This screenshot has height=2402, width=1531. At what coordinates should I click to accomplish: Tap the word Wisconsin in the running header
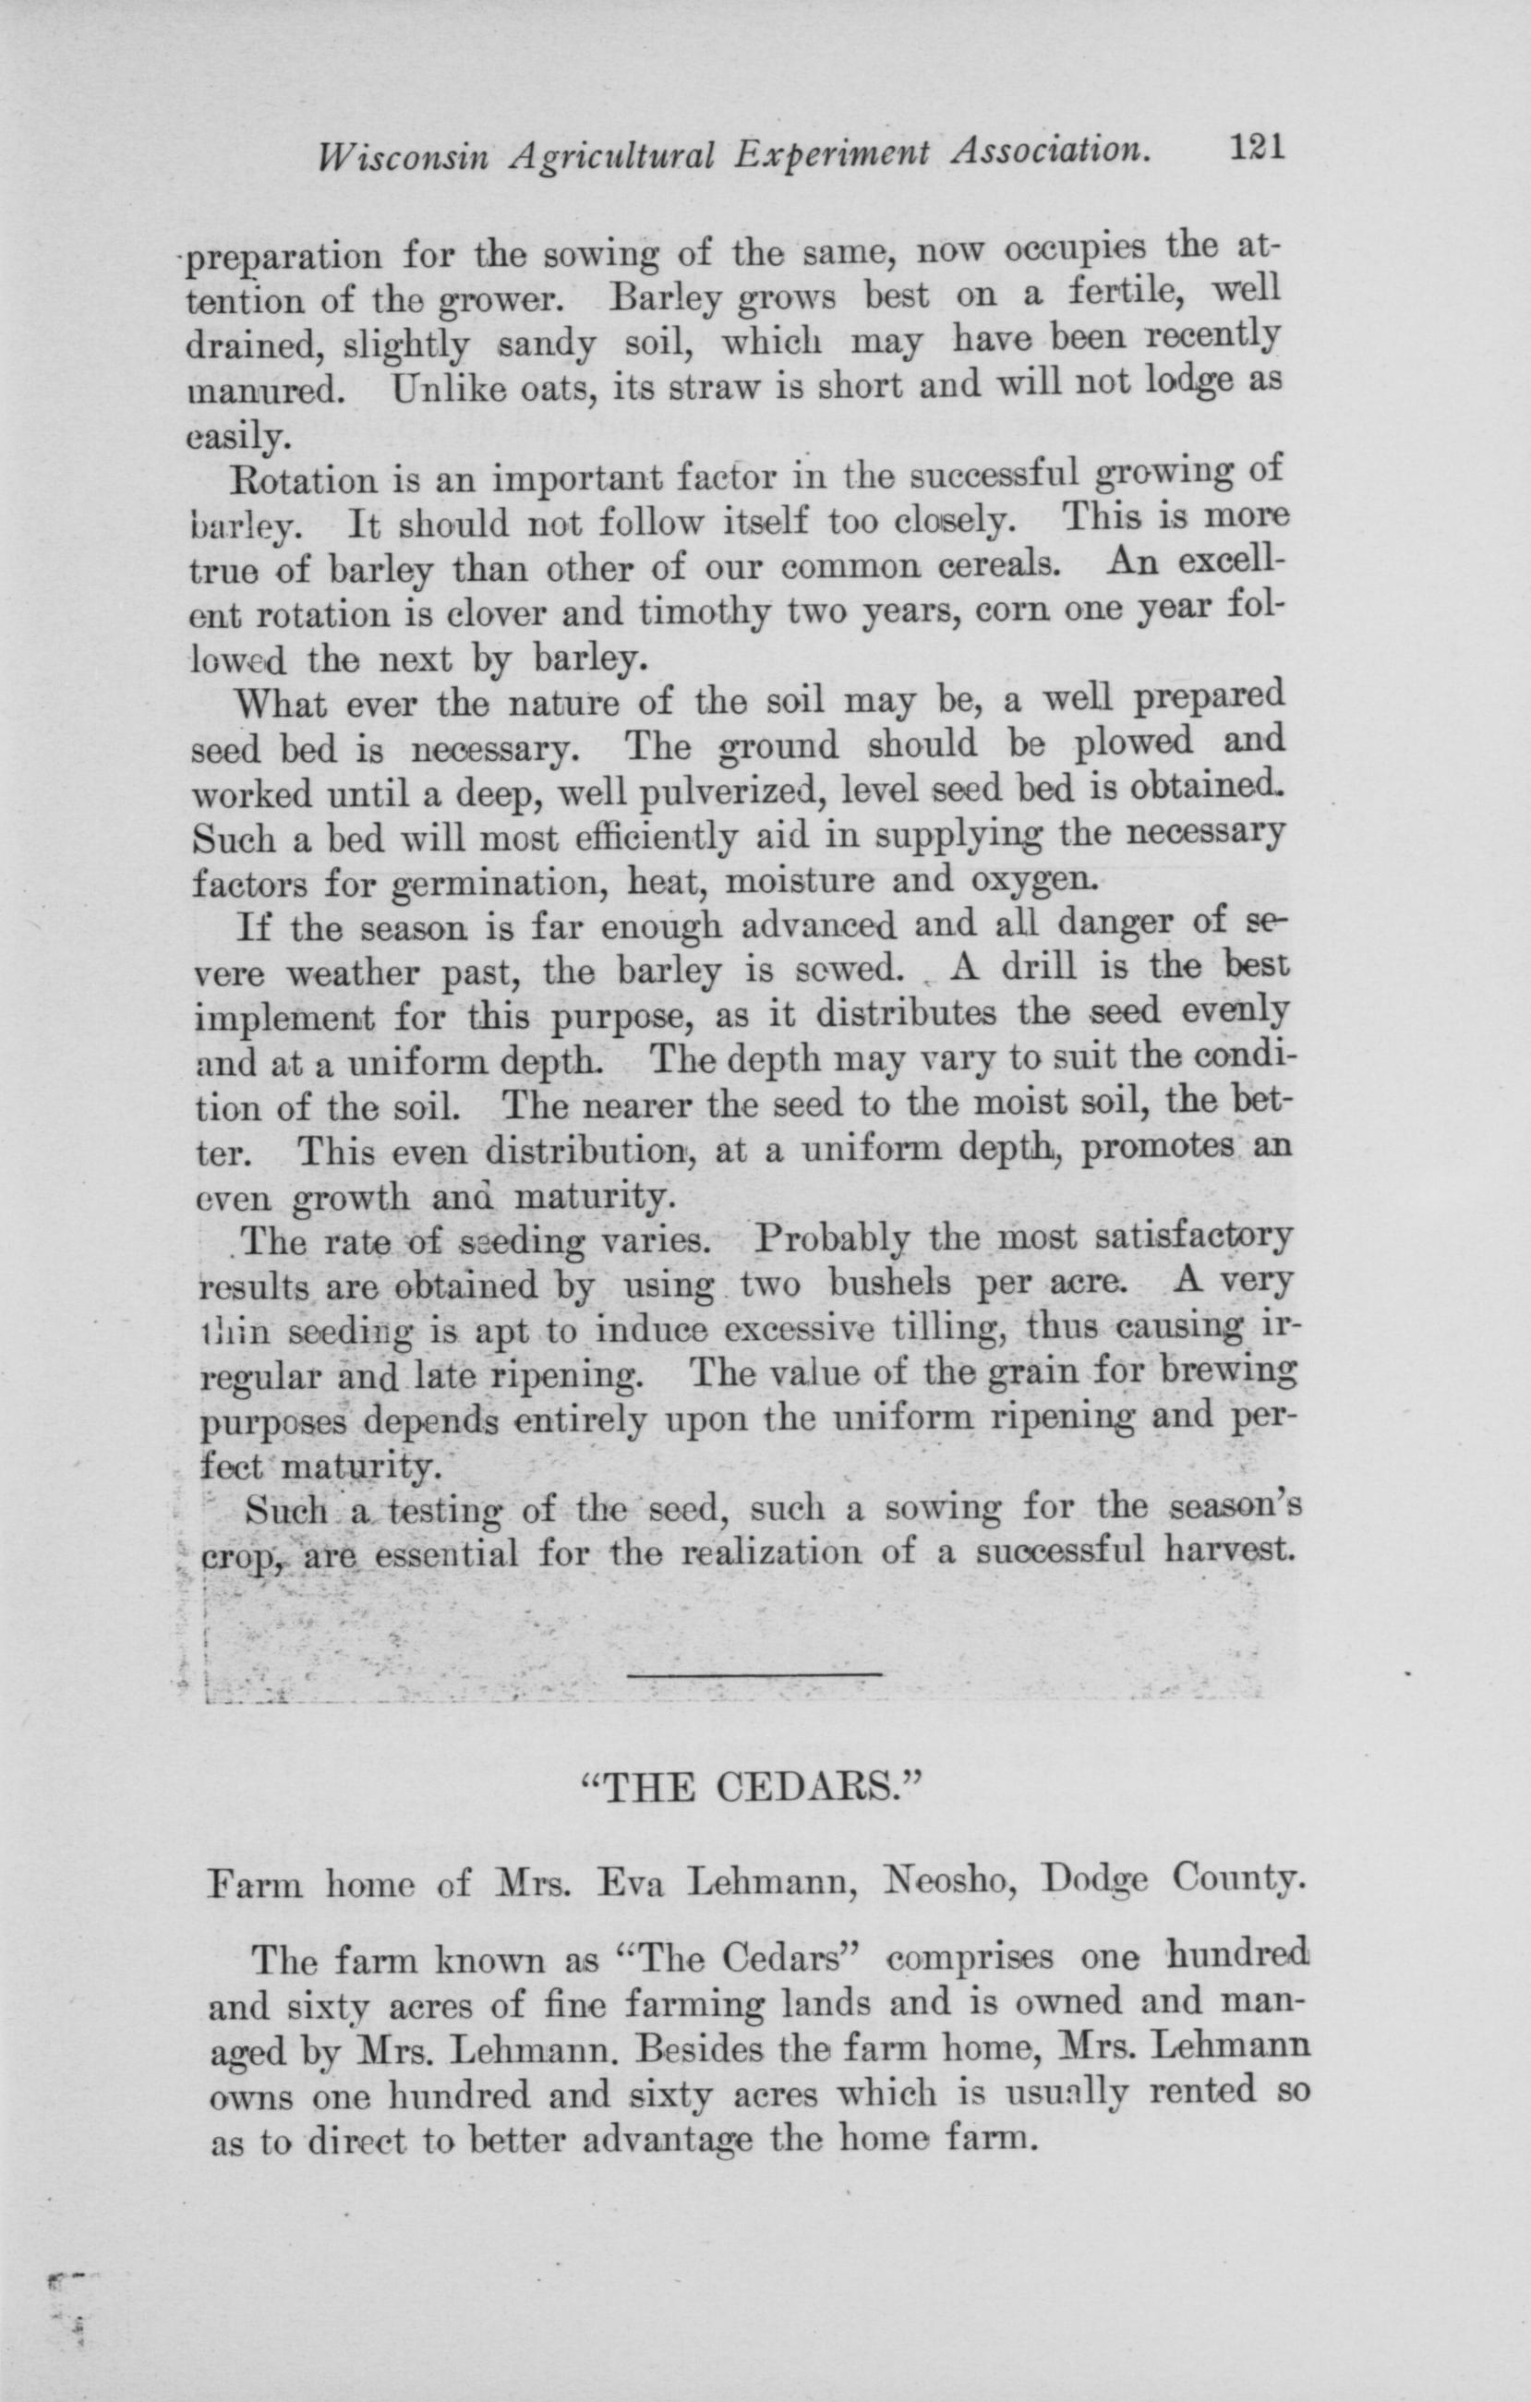click(x=400, y=154)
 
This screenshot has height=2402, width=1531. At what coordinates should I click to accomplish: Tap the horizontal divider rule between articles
click(x=755, y=1673)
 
